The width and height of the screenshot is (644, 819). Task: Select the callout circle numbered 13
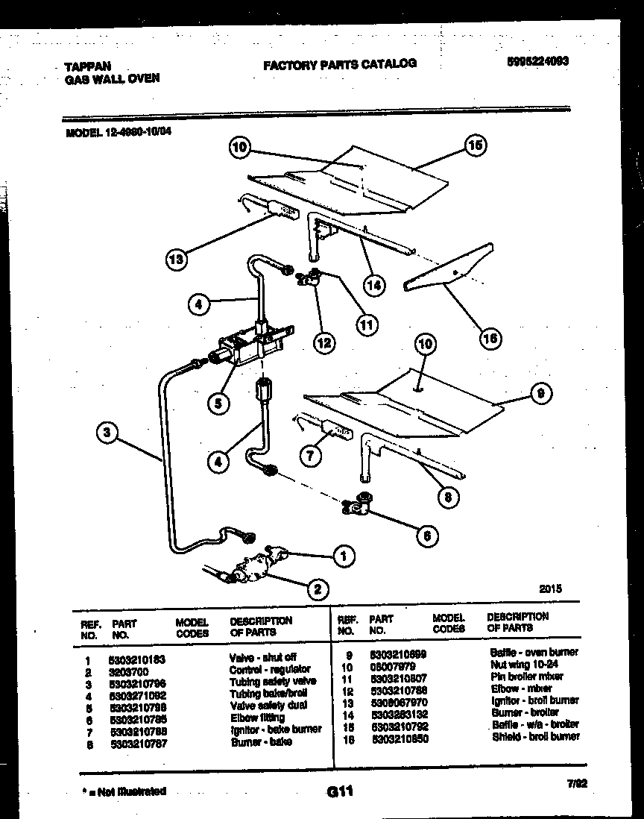[175, 260]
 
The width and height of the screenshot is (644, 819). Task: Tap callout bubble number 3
[108, 432]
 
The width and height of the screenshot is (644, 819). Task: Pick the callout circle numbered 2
[318, 589]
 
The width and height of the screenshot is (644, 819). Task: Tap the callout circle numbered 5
[218, 404]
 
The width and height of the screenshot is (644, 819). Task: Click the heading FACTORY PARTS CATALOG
[340, 64]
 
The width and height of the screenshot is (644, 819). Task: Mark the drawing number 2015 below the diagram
[551, 589]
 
